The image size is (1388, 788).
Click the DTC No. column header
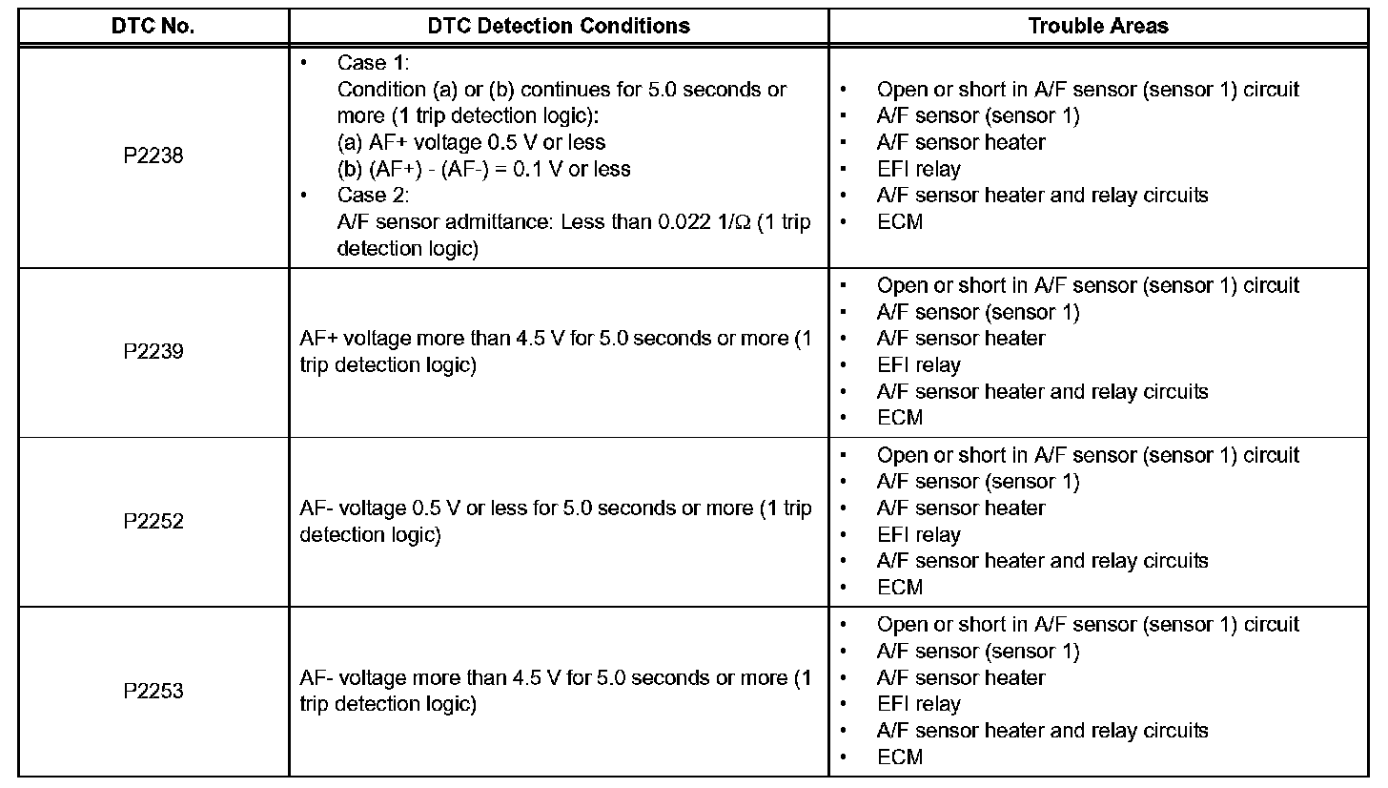click(153, 26)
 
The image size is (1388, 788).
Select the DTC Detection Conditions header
click(559, 26)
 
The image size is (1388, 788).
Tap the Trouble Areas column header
click(1098, 26)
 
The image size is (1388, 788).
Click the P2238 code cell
click(153, 156)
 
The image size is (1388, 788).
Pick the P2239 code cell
click(153, 352)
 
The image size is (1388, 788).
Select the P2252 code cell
click(153, 522)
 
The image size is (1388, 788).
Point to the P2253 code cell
click(153, 691)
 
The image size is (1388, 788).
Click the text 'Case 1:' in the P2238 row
click(373, 63)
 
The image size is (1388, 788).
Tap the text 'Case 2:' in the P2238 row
click(373, 196)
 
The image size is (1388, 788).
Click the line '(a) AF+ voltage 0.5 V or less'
click(472, 142)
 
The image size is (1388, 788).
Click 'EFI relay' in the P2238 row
click(919, 169)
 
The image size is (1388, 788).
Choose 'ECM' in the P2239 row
click(900, 418)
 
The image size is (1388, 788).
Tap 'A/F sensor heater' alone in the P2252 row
click(961, 508)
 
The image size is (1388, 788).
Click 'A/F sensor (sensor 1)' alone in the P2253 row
click(978, 652)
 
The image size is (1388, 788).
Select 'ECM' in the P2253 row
click(900, 757)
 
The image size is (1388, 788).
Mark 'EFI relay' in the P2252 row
click(919, 535)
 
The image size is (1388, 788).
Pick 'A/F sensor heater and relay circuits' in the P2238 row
click(1042, 196)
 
